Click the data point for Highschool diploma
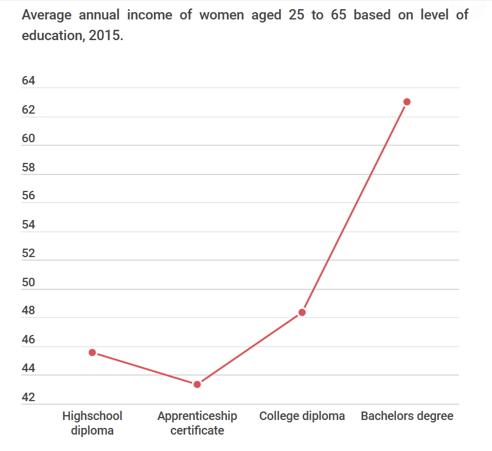(x=92, y=353)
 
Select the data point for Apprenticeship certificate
(x=197, y=384)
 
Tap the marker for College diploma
(x=302, y=312)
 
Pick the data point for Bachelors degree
(x=407, y=102)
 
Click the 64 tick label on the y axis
(x=29, y=81)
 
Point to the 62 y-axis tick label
(x=29, y=110)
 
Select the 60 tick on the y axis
(x=29, y=139)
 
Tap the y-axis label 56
(x=29, y=196)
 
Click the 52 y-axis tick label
(x=29, y=253)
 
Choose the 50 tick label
(x=29, y=282)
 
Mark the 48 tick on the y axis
(x=29, y=311)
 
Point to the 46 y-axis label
(x=29, y=340)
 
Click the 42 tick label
(x=29, y=398)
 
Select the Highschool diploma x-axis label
(x=92, y=423)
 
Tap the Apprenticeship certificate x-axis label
(x=197, y=423)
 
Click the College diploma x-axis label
(x=302, y=416)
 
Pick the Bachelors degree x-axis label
(x=407, y=416)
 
